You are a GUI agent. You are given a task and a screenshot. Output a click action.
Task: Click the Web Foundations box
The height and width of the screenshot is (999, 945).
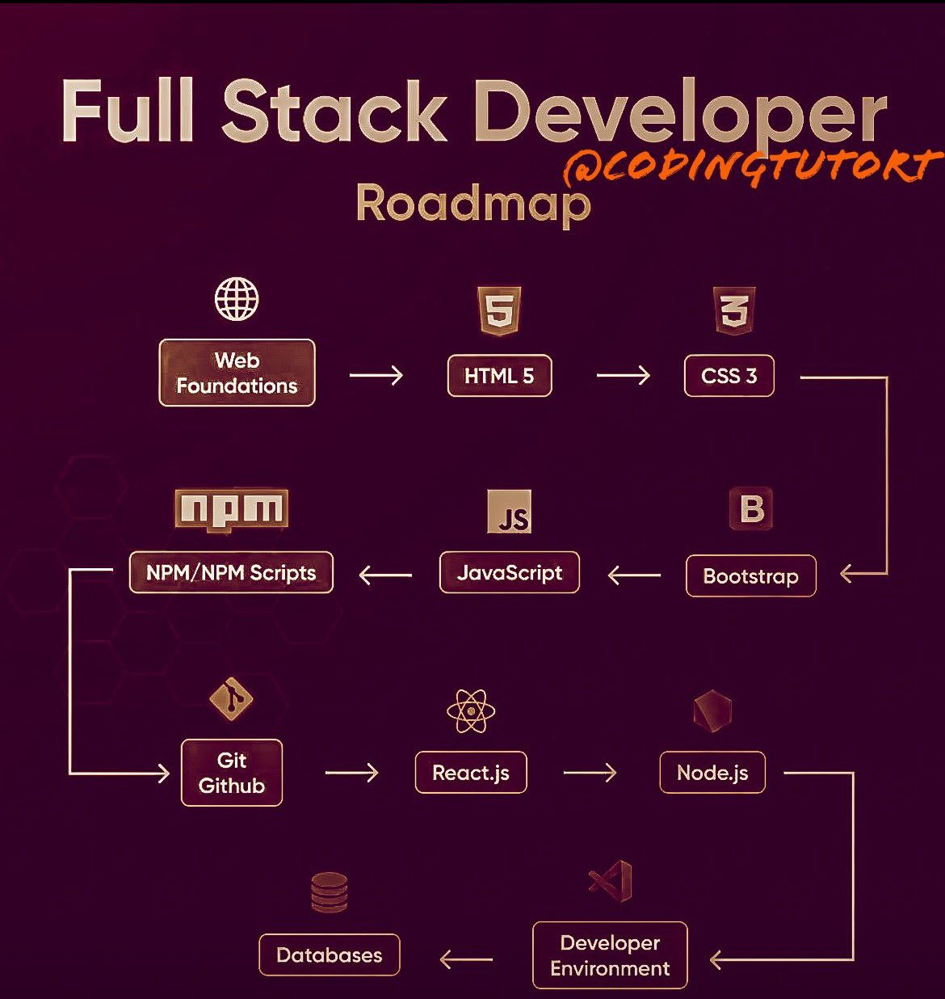pos(237,373)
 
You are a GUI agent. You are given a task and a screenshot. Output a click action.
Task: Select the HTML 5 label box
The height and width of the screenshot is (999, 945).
pos(499,376)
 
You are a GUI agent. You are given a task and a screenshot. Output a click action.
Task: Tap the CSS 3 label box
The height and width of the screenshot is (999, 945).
pos(729,376)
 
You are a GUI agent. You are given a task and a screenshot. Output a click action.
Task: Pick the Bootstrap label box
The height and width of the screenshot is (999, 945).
pos(750,575)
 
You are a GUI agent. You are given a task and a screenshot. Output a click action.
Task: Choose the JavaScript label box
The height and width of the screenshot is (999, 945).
pos(509,572)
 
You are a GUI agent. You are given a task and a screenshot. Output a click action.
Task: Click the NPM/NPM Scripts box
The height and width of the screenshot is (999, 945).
pos(231,572)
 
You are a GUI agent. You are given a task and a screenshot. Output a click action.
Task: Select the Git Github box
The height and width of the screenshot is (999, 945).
pos(232,773)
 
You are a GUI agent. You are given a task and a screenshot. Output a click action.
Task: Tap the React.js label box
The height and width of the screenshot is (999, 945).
pos(471,773)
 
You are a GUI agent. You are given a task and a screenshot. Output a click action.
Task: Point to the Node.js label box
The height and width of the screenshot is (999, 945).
pos(712,773)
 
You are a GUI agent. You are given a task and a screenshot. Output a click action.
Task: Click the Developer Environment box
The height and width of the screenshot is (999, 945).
pos(610,955)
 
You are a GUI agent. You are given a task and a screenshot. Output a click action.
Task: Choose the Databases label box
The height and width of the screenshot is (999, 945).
pos(329,955)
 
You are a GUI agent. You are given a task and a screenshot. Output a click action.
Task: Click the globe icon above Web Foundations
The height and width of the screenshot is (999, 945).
pos(237,299)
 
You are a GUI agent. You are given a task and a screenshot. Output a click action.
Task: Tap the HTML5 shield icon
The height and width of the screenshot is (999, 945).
pos(500,310)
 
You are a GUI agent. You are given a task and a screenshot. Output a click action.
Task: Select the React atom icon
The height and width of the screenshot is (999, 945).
pos(471,711)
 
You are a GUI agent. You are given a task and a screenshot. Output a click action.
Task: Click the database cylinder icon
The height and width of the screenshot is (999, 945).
pos(329,892)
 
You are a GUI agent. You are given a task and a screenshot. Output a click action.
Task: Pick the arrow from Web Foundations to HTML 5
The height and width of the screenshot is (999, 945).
pos(376,375)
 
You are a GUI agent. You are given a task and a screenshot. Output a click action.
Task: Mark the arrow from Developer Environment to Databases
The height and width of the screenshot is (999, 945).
pos(466,959)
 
